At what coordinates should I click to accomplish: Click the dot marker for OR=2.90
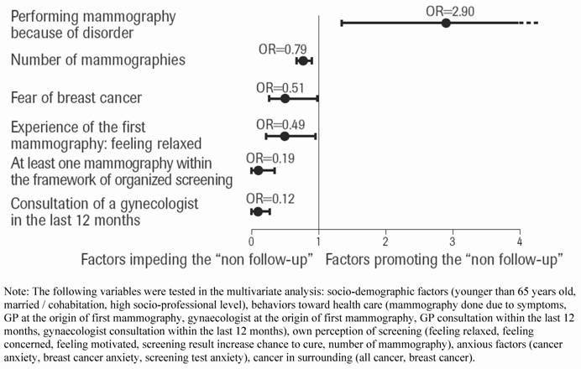[x=446, y=23]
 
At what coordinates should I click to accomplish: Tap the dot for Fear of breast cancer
[x=285, y=98]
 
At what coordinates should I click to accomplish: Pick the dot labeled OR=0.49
[x=284, y=136]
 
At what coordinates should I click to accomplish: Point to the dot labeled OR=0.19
[x=258, y=170]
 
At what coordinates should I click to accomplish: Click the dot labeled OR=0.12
[x=257, y=212]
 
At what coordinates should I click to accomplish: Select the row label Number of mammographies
[x=98, y=60]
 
